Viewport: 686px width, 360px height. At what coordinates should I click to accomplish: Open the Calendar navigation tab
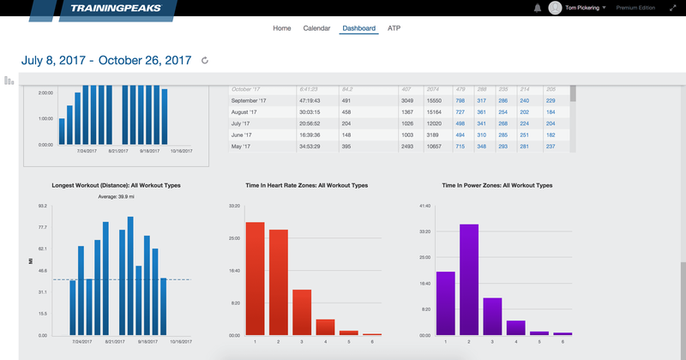[316, 28]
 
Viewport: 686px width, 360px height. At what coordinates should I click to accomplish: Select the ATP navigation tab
[394, 28]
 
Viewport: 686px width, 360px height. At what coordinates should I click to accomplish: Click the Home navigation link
[281, 28]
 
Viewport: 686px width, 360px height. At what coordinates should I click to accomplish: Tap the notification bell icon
[538, 8]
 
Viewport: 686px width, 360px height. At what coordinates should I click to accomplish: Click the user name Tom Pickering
[583, 8]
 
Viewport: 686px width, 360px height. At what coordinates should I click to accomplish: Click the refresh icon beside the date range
[204, 61]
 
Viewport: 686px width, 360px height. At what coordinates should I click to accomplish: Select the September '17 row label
[251, 100]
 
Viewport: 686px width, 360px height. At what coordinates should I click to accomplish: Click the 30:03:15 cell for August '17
[310, 111]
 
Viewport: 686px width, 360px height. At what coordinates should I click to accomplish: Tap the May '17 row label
[244, 147]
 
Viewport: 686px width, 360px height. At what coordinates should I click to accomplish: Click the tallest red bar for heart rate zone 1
[255, 279]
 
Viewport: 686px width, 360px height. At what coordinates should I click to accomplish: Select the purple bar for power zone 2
[468, 279]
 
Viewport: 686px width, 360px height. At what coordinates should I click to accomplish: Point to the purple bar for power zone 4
[515, 327]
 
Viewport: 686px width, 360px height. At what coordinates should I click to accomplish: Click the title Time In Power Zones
[497, 185]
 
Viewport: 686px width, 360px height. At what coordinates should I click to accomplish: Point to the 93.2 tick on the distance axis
[42, 207]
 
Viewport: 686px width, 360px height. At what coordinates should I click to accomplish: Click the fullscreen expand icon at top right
[671, 8]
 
